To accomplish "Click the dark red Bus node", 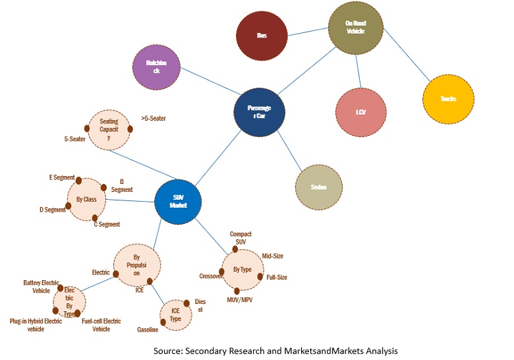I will pyautogui.click(x=262, y=35).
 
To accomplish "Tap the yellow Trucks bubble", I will pyautogui.click(x=448, y=98).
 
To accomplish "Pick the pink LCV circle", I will pyautogui.click(x=360, y=111).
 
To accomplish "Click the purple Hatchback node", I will pyautogui.click(x=156, y=66).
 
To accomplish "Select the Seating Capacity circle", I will pyautogui.click(x=109, y=130).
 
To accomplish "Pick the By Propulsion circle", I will pyautogui.click(x=137, y=266).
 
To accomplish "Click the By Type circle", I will pyautogui.click(x=242, y=270).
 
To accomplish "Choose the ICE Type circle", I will pyautogui.click(x=175, y=313).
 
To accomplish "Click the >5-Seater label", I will pyautogui.click(x=154, y=119).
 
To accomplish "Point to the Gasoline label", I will pyautogui.click(x=148, y=328).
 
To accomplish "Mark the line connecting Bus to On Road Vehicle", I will pyautogui.click(x=308, y=32).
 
